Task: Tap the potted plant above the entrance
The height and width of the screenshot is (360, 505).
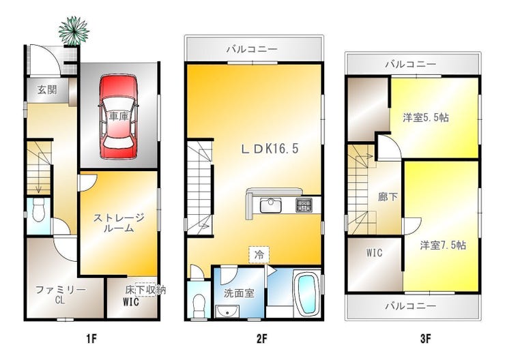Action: pos(73,30)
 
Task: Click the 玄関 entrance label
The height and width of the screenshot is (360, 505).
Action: pos(46,89)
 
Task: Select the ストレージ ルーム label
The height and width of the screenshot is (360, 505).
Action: pos(119,224)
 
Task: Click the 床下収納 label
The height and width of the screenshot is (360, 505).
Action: pos(146,290)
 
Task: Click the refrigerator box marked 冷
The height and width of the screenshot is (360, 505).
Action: pos(259,254)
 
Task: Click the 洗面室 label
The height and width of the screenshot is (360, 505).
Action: pos(239,294)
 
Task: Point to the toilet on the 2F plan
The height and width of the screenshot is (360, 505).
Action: pos(199,301)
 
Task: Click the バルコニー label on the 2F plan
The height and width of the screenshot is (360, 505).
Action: pos(252,50)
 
